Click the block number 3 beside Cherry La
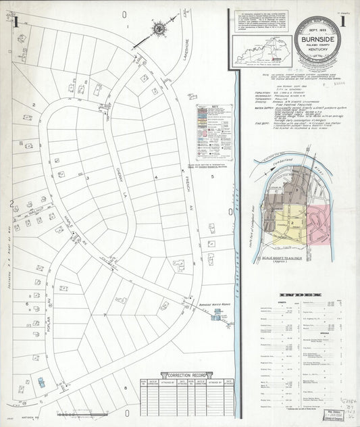click(88, 177)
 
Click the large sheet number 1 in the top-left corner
click(14, 20)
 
